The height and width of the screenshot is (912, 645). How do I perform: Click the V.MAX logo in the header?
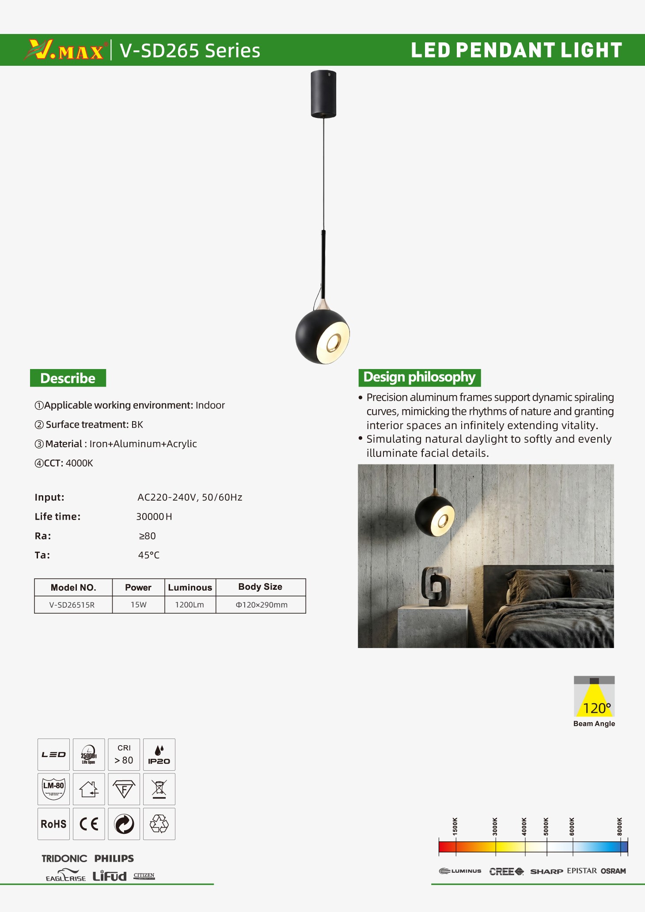pos(65,49)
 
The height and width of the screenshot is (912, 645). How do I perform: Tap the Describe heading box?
pos(68,378)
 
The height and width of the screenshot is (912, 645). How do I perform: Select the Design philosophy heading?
pos(419,377)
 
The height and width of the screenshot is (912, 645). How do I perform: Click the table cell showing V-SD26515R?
pos(72,605)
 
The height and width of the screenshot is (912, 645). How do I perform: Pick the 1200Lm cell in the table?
pos(190,605)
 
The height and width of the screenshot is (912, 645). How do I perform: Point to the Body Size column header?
pos(260,587)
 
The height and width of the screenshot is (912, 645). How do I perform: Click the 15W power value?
pos(138,605)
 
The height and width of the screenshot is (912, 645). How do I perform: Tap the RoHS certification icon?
pos(53,824)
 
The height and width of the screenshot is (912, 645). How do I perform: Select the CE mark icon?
pos(89,824)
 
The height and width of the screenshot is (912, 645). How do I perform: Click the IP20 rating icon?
pos(159,755)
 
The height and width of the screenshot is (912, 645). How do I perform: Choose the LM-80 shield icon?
pos(53,789)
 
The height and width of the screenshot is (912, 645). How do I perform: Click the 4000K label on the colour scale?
pos(524,826)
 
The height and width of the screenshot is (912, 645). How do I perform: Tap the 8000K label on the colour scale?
pos(619,826)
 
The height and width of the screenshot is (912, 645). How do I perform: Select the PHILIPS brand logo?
pos(114,859)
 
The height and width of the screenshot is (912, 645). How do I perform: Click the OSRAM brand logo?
pos(613,871)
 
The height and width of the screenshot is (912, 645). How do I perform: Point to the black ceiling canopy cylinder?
pos(323,94)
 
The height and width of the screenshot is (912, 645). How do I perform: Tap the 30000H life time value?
pos(154,517)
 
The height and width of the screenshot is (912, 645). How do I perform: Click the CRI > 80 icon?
pos(124,755)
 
